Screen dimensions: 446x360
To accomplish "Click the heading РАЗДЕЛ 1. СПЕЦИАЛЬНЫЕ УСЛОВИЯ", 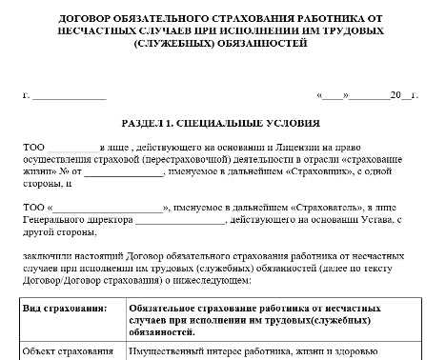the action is [x=221, y=124].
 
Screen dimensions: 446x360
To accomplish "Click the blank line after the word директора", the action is [x=180, y=220].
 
